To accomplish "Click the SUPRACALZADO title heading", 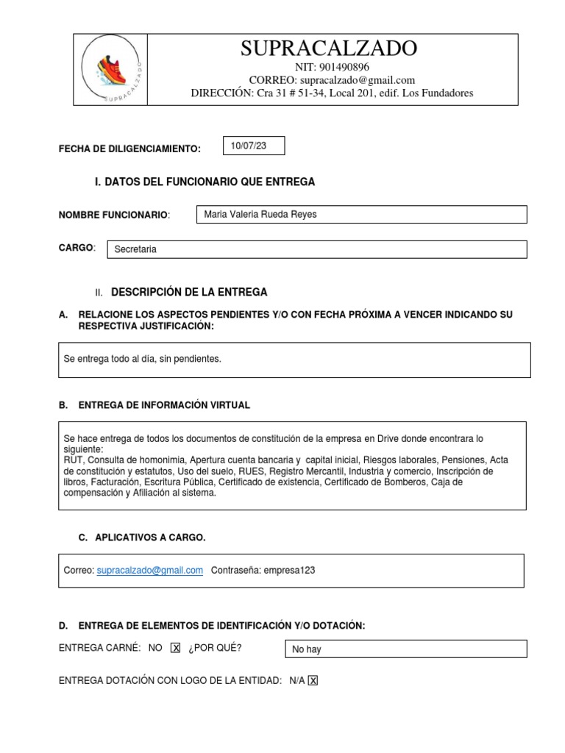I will click(329, 49).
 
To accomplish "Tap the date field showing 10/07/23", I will click(253, 146).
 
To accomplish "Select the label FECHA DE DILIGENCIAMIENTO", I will click(129, 149).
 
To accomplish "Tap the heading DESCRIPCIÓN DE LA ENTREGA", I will click(189, 292).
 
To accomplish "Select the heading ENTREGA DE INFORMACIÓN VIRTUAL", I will click(164, 405).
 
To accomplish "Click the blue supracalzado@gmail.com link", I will click(150, 570).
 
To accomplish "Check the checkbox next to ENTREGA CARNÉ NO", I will click(175, 648).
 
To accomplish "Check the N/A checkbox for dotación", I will click(313, 681).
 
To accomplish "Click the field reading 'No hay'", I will click(307, 649).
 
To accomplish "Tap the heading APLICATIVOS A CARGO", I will click(150, 538).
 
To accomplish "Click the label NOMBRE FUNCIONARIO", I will click(113, 215).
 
